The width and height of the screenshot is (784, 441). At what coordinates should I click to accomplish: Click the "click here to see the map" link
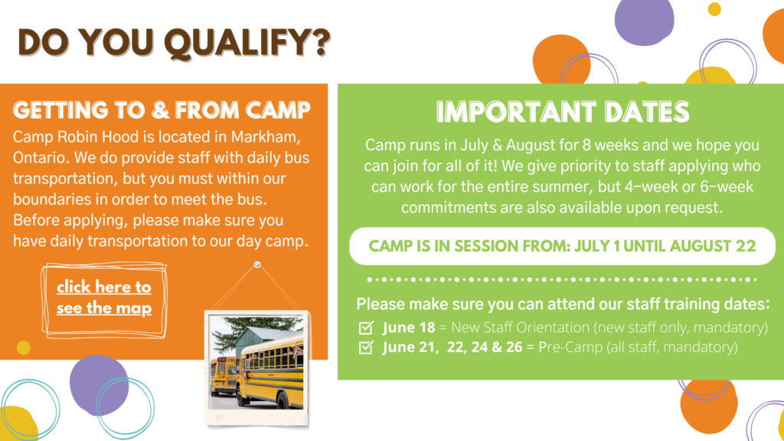click(104, 298)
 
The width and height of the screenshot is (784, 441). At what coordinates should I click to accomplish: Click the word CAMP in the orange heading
click(278, 110)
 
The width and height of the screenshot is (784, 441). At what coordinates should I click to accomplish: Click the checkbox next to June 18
click(366, 328)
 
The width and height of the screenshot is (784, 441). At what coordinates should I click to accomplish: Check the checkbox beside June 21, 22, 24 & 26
click(366, 347)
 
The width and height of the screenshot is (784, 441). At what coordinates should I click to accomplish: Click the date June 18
click(409, 328)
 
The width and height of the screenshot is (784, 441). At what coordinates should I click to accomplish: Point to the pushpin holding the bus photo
click(257, 264)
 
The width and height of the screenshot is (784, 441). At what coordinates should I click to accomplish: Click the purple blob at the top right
click(644, 21)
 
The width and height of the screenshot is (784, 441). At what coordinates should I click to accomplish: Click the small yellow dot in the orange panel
click(24, 348)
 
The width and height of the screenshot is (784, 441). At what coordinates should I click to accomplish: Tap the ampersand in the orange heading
click(161, 110)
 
